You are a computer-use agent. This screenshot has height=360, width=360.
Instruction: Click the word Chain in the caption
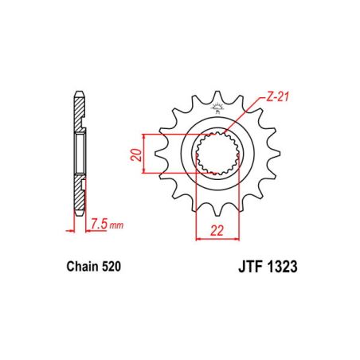[x=78, y=269]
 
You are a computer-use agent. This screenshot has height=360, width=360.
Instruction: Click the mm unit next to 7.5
[x=117, y=225]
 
